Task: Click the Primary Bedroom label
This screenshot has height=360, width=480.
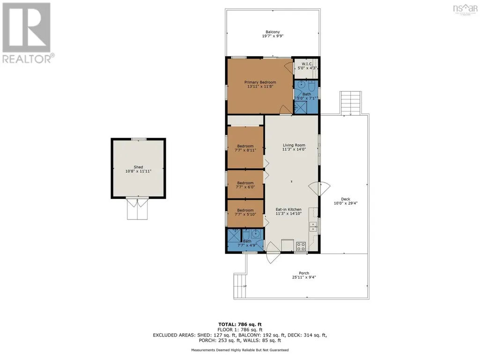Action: tap(260, 82)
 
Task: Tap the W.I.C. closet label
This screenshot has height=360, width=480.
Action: tap(307, 64)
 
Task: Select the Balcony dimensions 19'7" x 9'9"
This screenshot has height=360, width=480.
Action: tap(273, 36)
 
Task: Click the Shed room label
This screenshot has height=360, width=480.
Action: tap(138, 167)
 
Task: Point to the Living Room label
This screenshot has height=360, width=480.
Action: tap(294, 145)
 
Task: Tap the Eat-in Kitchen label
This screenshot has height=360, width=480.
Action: tap(288, 209)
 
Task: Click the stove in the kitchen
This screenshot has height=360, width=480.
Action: tap(301, 246)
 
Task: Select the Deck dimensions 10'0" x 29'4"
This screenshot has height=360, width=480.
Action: tap(346, 203)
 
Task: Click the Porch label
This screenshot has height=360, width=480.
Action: tap(304, 273)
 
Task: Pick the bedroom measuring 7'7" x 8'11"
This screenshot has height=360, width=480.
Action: tap(245, 148)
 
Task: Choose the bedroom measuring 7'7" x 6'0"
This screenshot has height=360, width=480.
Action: tap(245, 184)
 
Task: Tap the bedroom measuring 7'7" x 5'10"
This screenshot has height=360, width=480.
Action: tap(245, 213)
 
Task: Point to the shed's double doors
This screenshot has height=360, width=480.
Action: tap(138, 209)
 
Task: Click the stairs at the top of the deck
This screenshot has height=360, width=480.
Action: tap(351, 103)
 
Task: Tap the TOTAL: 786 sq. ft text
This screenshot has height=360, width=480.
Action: tap(240, 324)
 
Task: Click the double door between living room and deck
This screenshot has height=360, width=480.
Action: tap(319, 189)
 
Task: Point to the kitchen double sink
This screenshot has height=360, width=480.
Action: tap(313, 227)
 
